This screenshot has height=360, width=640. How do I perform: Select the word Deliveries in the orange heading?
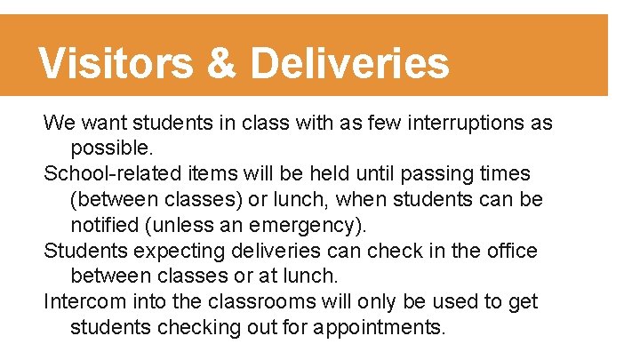click(x=350, y=64)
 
